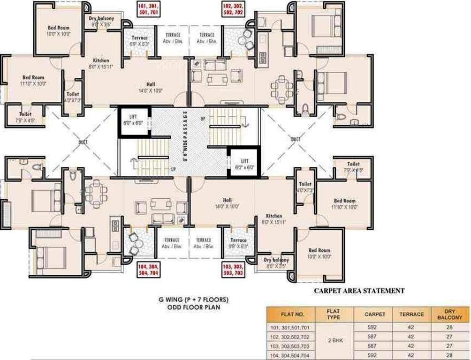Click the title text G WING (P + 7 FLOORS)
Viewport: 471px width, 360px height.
click(194, 299)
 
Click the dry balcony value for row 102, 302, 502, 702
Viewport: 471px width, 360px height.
click(449, 337)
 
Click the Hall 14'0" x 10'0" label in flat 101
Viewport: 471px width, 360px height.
click(150, 87)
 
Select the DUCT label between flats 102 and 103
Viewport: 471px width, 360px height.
click(296, 139)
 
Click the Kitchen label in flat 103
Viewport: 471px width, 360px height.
click(273, 218)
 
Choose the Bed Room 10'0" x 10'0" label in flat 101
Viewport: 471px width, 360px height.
click(58, 31)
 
